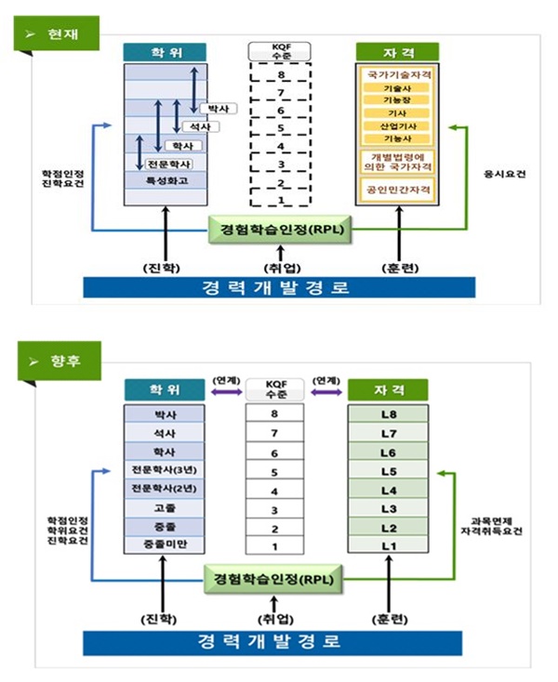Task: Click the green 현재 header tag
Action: click(57, 35)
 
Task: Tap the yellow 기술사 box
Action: click(397, 87)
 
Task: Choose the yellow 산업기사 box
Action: click(397, 125)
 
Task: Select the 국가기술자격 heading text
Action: click(397, 72)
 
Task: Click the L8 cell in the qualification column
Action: click(388, 412)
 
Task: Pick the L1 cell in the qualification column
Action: click(388, 545)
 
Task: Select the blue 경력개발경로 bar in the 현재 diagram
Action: click(274, 287)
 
